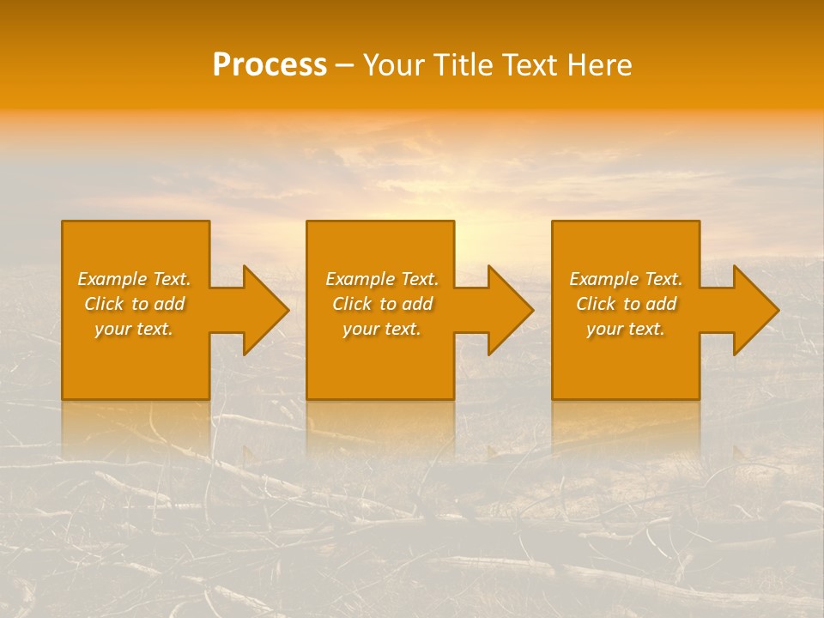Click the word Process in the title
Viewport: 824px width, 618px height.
pos(270,64)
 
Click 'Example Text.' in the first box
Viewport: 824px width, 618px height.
pos(135,279)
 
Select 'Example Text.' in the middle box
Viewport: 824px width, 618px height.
pos(382,279)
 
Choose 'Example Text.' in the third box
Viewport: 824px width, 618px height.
pos(626,279)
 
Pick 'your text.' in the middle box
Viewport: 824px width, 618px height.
pos(381,329)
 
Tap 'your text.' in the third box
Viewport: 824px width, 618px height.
pos(625,329)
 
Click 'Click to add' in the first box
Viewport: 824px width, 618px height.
pos(134,304)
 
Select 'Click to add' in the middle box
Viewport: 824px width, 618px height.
pos(382,304)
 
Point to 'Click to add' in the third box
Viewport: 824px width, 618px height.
pos(626,304)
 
